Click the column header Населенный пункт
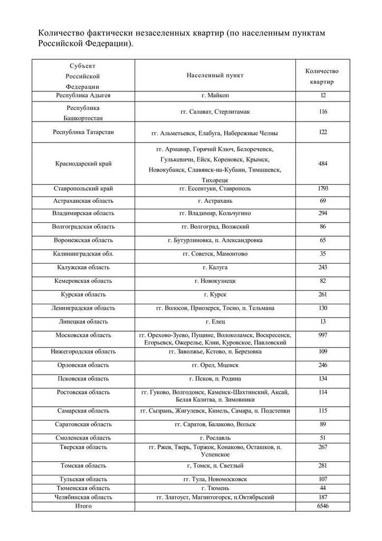[x=215, y=76]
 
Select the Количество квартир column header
[x=322, y=77]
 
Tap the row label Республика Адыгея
[x=83, y=95]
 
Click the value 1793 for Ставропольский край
[x=323, y=188]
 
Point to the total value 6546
[x=323, y=506]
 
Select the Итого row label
[x=83, y=506]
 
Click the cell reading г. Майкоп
[x=215, y=95]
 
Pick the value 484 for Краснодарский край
[x=323, y=164]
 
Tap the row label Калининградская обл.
[x=83, y=254]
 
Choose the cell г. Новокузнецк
[x=215, y=281]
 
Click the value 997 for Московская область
[x=323, y=335]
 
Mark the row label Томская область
[x=83, y=465]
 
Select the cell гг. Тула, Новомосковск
[x=215, y=479]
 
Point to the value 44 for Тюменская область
[x=323, y=488]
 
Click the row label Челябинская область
[x=83, y=497]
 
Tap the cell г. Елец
[x=215, y=321]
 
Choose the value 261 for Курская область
[x=323, y=294]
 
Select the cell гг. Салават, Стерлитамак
[x=215, y=112]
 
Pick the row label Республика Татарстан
[x=83, y=132]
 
